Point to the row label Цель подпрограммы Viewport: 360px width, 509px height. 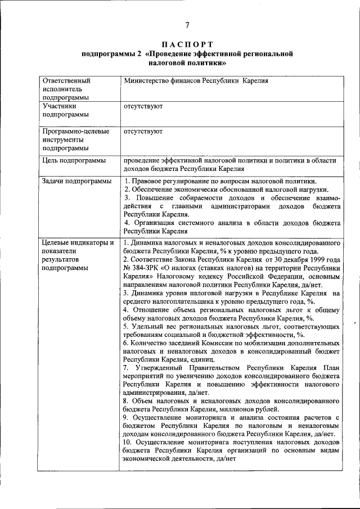[74, 160]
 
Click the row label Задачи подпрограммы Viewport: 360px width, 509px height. [76, 181]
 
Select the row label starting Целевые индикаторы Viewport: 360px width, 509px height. [78, 242]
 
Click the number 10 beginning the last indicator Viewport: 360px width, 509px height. [127, 442]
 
